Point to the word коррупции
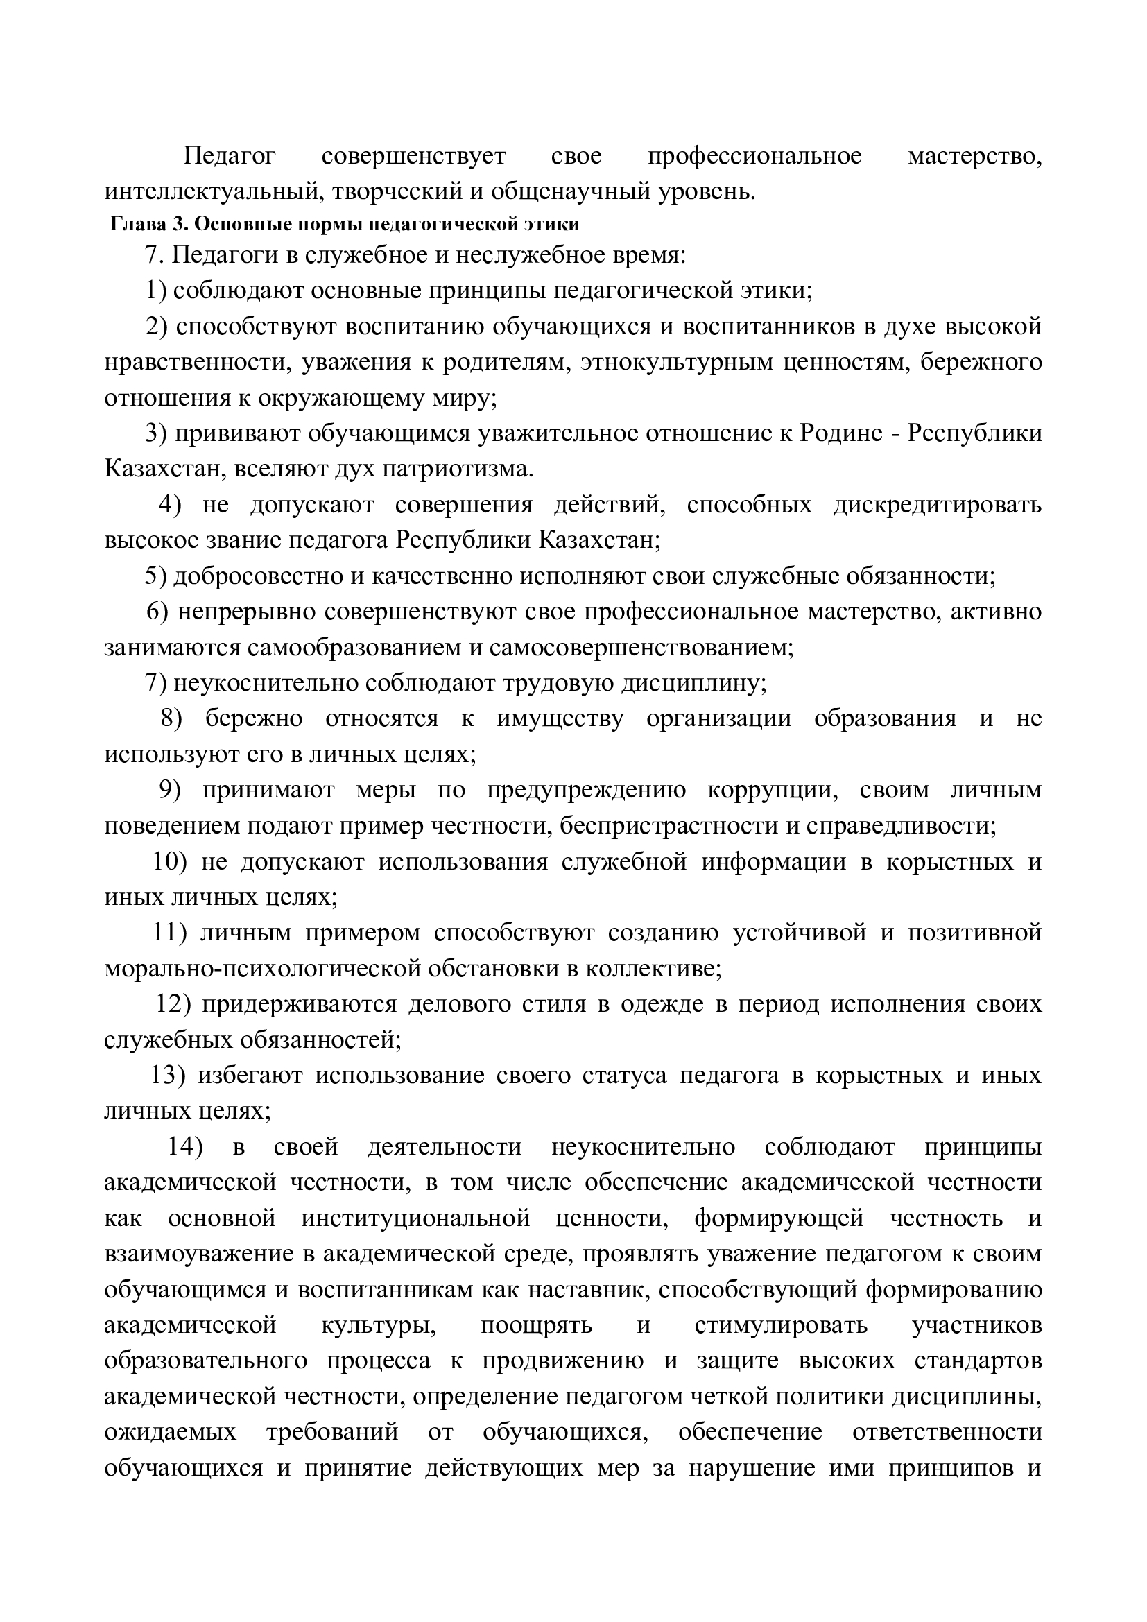click(x=772, y=790)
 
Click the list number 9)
click(x=170, y=790)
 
